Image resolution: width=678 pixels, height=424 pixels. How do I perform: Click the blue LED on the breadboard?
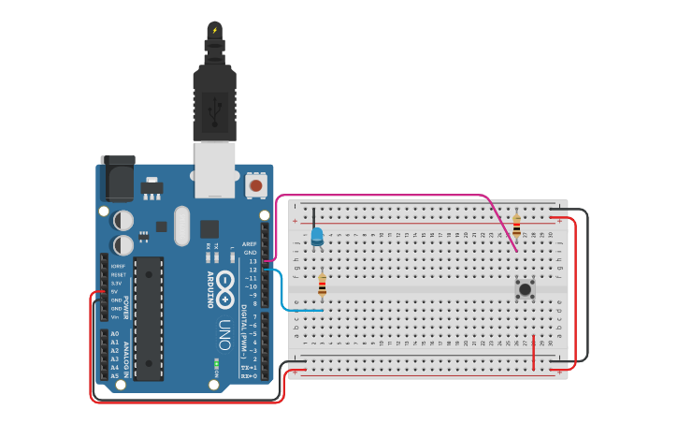(x=317, y=236)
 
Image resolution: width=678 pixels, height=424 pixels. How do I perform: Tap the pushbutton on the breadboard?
(x=525, y=289)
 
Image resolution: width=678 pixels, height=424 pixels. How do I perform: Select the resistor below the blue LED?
(x=323, y=284)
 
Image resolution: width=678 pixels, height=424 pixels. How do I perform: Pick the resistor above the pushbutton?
(x=516, y=225)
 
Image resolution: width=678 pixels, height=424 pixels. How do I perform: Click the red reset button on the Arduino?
(x=255, y=186)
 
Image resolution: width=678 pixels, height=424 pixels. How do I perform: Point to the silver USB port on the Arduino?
(x=215, y=168)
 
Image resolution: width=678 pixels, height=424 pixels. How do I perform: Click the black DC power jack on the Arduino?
(x=118, y=179)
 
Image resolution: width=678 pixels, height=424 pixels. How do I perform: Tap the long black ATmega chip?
(x=148, y=318)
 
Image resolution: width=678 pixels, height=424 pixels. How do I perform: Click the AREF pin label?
(x=249, y=243)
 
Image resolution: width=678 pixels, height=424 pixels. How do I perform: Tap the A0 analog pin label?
(x=115, y=334)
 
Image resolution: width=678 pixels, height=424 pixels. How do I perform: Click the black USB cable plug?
(x=214, y=103)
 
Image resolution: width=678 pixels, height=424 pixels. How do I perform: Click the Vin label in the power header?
(x=116, y=316)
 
